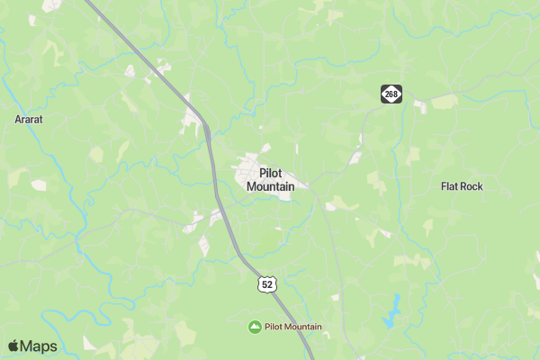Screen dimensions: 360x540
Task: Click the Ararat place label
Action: [x=29, y=119]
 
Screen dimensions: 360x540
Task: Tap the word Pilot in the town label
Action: [x=274, y=172]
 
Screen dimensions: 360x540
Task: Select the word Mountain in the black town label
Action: [x=270, y=186]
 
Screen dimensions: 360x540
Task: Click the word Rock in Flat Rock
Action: [x=472, y=186]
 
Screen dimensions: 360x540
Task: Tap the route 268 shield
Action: [x=390, y=94]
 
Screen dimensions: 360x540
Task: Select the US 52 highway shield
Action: [x=265, y=284]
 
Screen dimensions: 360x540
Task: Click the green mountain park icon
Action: [x=255, y=326]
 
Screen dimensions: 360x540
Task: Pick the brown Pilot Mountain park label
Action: [x=292, y=326]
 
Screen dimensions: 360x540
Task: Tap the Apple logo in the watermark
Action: [x=13, y=346]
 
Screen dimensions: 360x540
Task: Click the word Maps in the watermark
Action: [x=39, y=346]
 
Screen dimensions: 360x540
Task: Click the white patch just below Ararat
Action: [x=39, y=185]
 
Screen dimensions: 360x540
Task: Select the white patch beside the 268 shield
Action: [x=419, y=105]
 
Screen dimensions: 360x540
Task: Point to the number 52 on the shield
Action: [x=265, y=285]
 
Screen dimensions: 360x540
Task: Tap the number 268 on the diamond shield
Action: [x=390, y=94]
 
